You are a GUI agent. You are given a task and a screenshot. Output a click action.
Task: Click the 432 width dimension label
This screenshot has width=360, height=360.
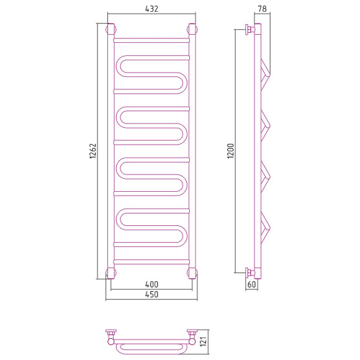tap(152, 9)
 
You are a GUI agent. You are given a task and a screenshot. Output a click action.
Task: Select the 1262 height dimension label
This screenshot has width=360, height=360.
tap(92, 151)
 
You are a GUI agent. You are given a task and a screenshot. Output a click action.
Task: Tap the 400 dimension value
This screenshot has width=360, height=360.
tap(152, 284)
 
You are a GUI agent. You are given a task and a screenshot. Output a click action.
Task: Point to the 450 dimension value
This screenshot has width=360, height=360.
tap(152, 294)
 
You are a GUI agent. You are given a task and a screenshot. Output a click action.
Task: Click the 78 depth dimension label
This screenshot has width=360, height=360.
tap(262, 9)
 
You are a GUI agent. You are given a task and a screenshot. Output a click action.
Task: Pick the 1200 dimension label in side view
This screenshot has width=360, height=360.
tap(230, 151)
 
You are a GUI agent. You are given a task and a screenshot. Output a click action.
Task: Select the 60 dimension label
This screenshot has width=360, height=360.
tap(251, 284)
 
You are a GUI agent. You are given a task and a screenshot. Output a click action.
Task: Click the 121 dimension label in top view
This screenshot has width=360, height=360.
tap(204, 341)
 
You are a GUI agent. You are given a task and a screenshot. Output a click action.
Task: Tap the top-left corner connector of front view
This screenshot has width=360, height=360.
tap(111, 29)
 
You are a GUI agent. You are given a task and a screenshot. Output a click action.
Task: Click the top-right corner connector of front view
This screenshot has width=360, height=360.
tap(192, 29)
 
